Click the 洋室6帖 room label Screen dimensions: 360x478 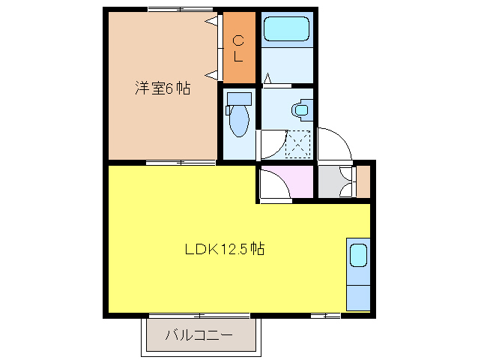click(162, 88)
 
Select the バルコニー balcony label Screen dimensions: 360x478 click(199, 334)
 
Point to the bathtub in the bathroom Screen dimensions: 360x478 click(287, 30)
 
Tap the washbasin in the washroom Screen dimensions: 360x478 click(300, 109)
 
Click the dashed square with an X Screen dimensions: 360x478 click(298, 142)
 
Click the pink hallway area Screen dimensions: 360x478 click(296, 180)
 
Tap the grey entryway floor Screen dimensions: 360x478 click(330, 182)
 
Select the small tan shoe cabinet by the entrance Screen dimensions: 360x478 click(363, 181)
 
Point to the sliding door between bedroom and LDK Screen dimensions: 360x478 click(181, 162)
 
